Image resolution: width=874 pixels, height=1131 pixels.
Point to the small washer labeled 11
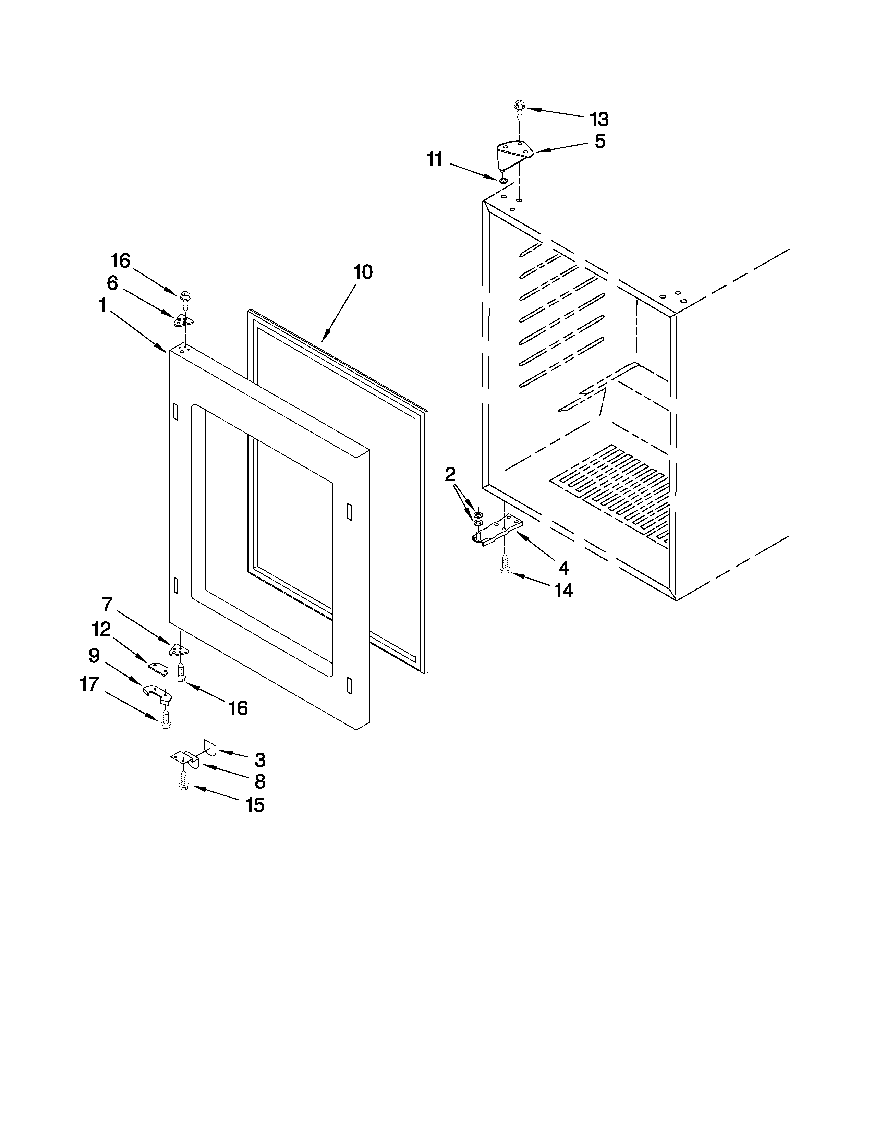pyautogui.click(x=503, y=180)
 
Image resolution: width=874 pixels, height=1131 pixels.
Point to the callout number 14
pyautogui.click(x=564, y=591)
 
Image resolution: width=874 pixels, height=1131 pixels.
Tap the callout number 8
pyautogui.click(x=259, y=781)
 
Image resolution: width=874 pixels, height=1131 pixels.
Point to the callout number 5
pyautogui.click(x=599, y=141)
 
